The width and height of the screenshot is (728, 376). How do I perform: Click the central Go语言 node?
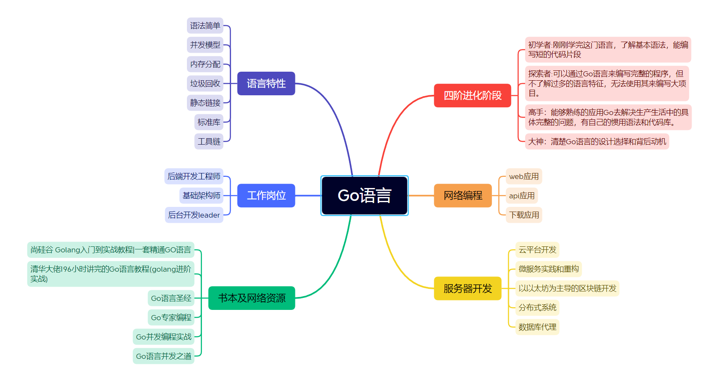tap(364, 195)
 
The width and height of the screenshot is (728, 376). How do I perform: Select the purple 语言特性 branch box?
tap(266, 83)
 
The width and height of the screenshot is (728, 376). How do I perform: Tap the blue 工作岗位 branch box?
tap(266, 195)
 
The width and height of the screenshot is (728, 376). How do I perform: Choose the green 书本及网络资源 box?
tap(252, 298)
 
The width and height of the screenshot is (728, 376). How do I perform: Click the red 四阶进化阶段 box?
tap(472, 95)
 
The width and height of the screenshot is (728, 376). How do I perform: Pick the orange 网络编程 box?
tap(463, 195)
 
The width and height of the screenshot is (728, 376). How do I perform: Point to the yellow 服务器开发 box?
tap(467, 288)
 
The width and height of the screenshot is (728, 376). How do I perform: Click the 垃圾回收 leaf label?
tap(205, 83)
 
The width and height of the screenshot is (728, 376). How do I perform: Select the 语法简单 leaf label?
tap(205, 26)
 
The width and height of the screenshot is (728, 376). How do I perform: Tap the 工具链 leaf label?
tap(209, 141)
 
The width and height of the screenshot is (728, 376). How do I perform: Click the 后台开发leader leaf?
tap(194, 215)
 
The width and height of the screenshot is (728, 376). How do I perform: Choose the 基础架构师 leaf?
tap(201, 195)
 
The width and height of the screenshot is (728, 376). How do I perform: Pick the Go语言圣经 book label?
tap(171, 298)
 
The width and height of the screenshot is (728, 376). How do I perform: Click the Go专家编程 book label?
tap(171, 317)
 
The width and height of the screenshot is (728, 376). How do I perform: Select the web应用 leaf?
tap(523, 176)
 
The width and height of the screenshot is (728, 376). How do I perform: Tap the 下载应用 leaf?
tap(524, 215)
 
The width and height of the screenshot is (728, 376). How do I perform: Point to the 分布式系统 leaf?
tap(537, 307)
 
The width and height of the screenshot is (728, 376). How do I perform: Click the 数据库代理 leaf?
tap(537, 327)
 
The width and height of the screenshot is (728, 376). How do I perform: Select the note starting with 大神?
tap(597, 141)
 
